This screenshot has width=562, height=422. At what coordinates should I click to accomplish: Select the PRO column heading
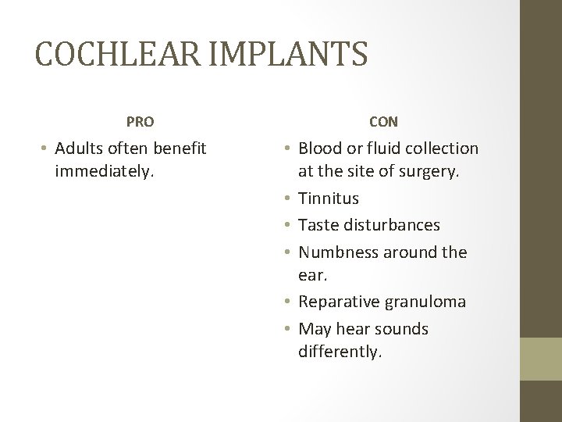pos(140,122)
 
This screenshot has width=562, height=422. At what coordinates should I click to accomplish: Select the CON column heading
pos(382,122)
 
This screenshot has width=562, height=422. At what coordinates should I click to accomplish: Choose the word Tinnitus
pos(328,199)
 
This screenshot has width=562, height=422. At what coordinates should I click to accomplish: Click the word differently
pos(340,352)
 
